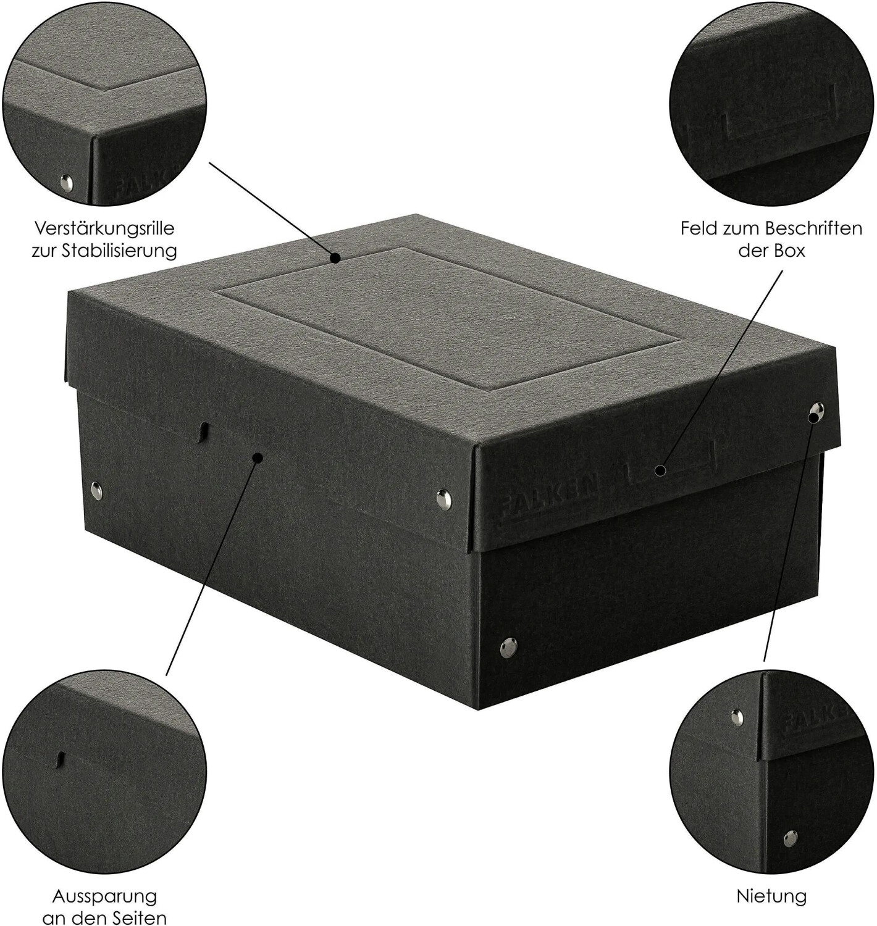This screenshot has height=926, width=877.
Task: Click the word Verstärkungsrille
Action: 104,229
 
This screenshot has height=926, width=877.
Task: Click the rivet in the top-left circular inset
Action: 67,181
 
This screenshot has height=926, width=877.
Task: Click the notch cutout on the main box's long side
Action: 204,432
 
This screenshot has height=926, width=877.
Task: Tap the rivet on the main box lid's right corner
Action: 816,411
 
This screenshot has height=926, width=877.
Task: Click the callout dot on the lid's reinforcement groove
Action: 335,258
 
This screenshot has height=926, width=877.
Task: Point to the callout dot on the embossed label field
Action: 661,470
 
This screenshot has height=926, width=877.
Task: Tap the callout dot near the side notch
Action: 258,457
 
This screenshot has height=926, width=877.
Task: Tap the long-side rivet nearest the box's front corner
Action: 443,496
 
